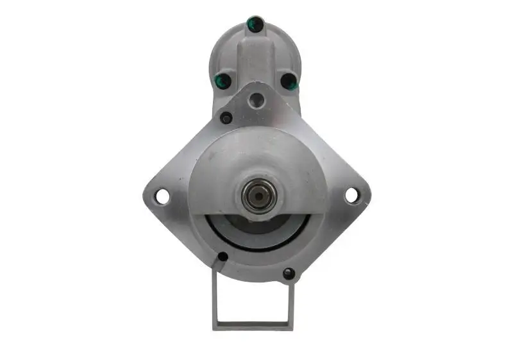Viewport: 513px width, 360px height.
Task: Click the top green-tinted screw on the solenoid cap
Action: pos(255,24)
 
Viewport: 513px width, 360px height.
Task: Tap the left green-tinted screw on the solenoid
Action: pos(223,81)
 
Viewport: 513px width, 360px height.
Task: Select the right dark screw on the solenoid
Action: pos(289,81)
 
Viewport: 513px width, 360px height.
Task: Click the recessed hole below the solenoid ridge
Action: pos(256,99)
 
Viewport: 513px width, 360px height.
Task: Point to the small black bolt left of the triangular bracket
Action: pos(226,118)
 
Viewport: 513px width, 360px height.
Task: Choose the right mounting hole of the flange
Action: pos(351,195)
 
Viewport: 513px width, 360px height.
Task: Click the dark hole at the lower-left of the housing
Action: pos(223,257)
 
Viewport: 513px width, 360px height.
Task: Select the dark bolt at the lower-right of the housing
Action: pos(289,273)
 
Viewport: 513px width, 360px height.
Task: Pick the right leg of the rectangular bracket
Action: pos(292,302)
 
